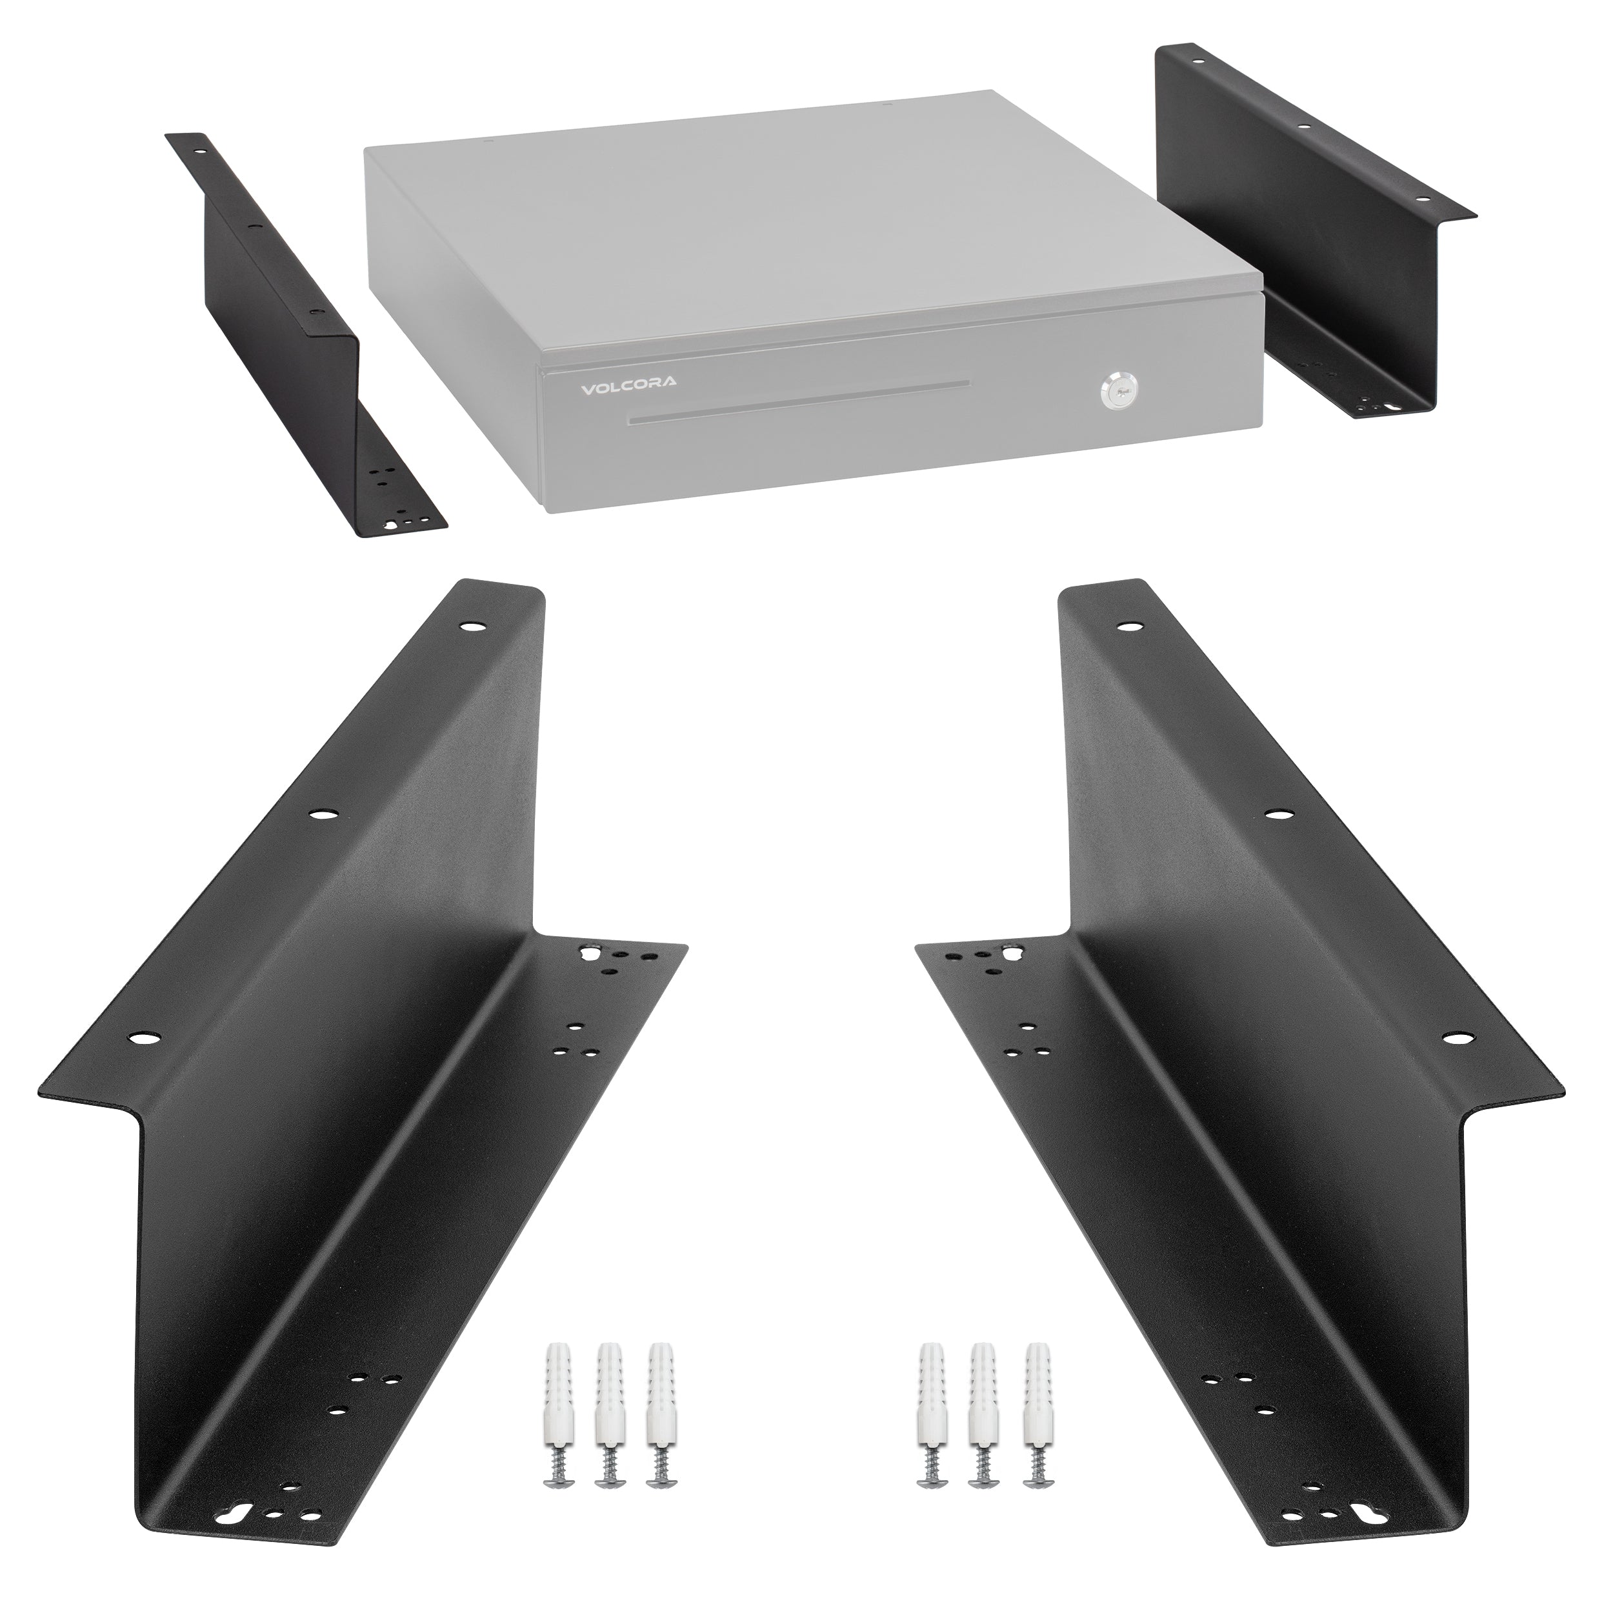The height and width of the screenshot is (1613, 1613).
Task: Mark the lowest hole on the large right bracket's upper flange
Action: click(1457, 1037)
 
